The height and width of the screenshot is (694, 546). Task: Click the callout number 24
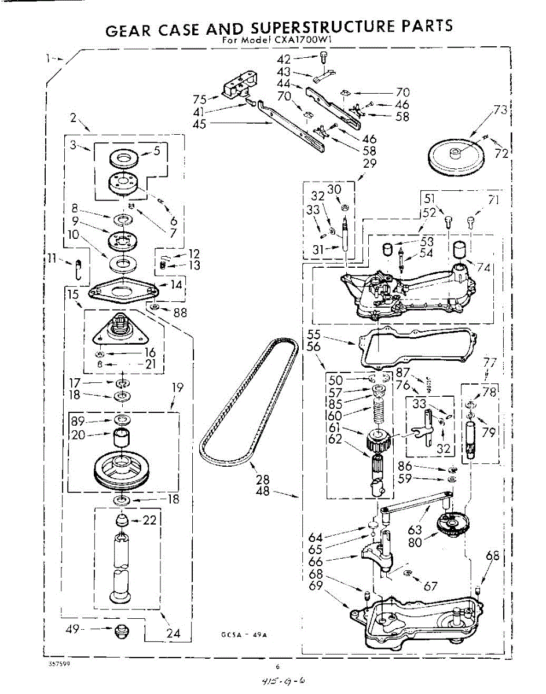[x=173, y=633]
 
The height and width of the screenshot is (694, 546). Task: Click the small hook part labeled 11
[x=80, y=271]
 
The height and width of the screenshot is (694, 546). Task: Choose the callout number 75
[x=200, y=98]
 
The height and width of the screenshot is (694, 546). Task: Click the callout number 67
[x=430, y=586]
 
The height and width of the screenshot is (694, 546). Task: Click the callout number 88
[x=181, y=312]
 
